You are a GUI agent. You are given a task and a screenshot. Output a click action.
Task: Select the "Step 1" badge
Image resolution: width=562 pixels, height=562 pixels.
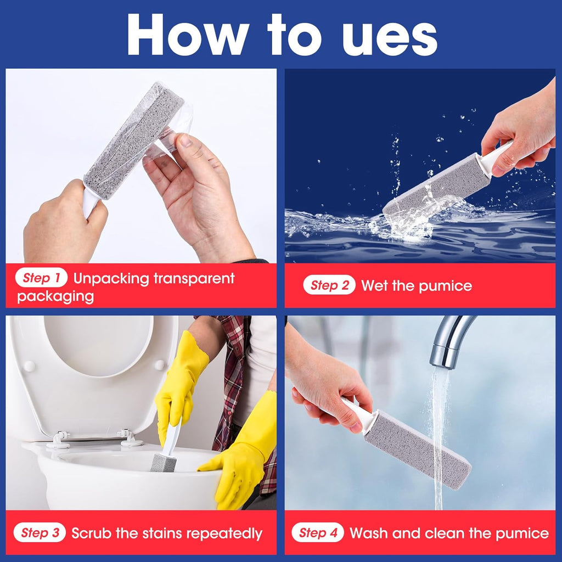[x=41, y=278]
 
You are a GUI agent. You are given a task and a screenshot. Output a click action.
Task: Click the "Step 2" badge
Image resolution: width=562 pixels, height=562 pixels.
[x=329, y=285]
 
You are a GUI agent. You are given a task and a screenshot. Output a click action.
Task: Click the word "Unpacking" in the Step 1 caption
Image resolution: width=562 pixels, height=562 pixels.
[x=111, y=278]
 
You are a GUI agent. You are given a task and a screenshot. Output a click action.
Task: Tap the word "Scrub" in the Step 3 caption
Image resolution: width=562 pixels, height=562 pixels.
[x=90, y=533]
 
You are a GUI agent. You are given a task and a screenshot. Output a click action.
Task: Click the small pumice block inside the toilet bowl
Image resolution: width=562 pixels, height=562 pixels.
[x=164, y=463]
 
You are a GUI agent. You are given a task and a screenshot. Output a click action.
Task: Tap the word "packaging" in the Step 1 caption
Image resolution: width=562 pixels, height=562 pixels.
[x=55, y=297]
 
